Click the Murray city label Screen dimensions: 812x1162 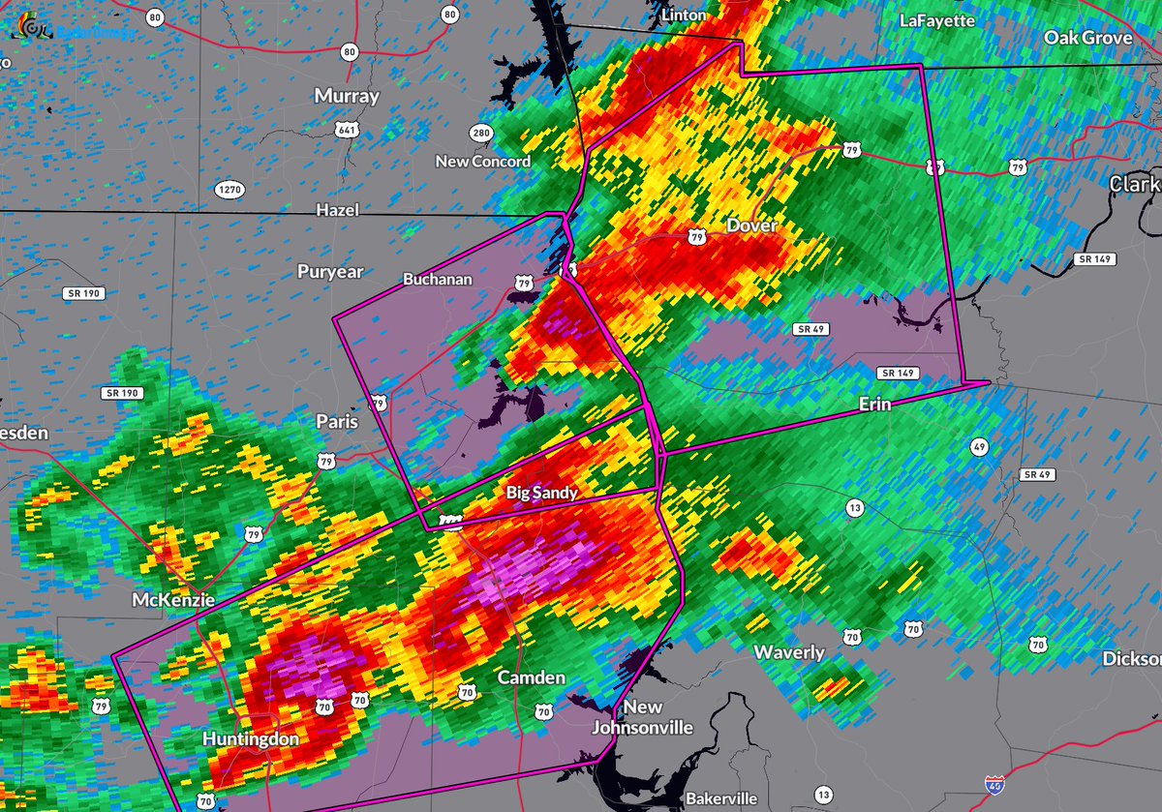[x=347, y=96]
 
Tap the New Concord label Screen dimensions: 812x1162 [x=482, y=161]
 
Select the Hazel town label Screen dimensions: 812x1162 [x=337, y=210]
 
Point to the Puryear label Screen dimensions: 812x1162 [x=330, y=272]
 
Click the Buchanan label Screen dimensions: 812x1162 [x=437, y=279]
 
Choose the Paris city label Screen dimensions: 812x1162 [x=337, y=421]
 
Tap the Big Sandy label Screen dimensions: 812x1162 [x=542, y=493]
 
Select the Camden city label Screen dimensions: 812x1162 [x=531, y=677]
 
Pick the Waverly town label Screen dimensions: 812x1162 [x=789, y=652]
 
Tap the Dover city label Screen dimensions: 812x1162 [x=751, y=225]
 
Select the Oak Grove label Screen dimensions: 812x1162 [x=1087, y=37]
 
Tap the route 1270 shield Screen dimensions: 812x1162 [x=229, y=190]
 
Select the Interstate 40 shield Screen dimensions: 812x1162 [x=992, y=783]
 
